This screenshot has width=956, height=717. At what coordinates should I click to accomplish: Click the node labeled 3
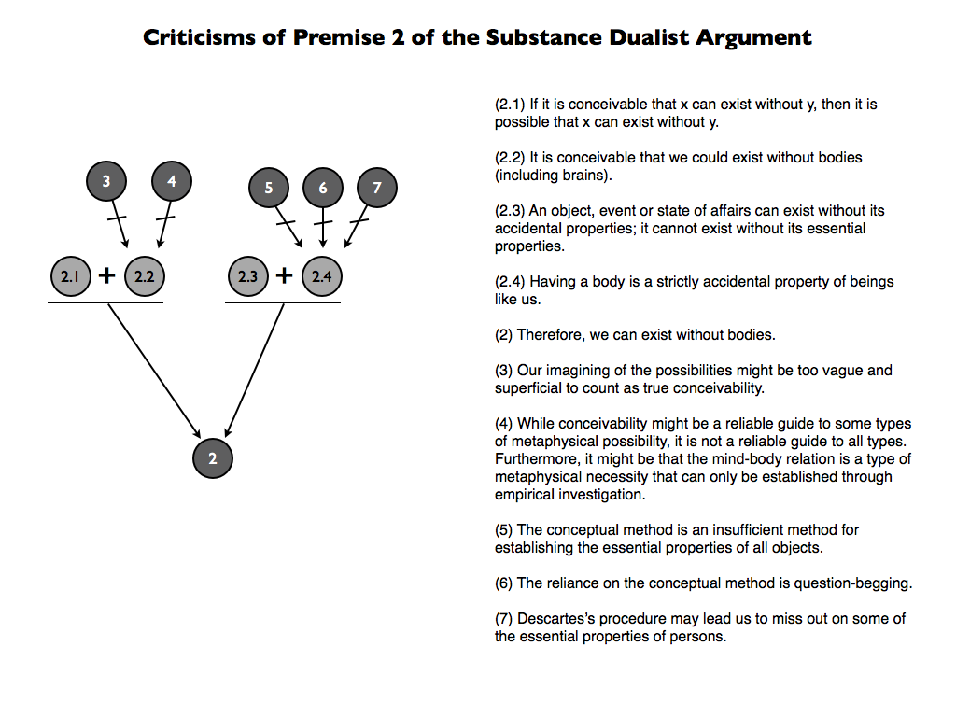point(106,182)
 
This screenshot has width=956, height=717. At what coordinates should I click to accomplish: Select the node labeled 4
point(172,182)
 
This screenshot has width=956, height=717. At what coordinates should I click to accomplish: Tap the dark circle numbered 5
point(269,189)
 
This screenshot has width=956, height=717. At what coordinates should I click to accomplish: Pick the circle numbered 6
point(323,189)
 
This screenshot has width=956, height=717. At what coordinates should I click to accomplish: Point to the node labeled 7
point(377,189)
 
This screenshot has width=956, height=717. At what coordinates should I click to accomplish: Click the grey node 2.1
point(68,276)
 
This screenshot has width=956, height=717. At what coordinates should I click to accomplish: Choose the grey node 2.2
point(144,276)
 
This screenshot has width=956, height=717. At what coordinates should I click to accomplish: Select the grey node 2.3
point(247,276)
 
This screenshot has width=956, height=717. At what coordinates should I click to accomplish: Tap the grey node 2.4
point(322,276)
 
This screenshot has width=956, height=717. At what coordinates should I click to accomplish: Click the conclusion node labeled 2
point(213,458)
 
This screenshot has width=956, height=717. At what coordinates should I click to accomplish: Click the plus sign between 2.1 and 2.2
point(106,275)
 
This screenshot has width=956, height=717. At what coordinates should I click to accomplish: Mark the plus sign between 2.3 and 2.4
point(285,275)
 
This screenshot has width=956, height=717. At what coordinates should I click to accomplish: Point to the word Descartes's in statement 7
point(554,619)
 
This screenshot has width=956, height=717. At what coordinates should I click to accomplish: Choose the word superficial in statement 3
point(527,388)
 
